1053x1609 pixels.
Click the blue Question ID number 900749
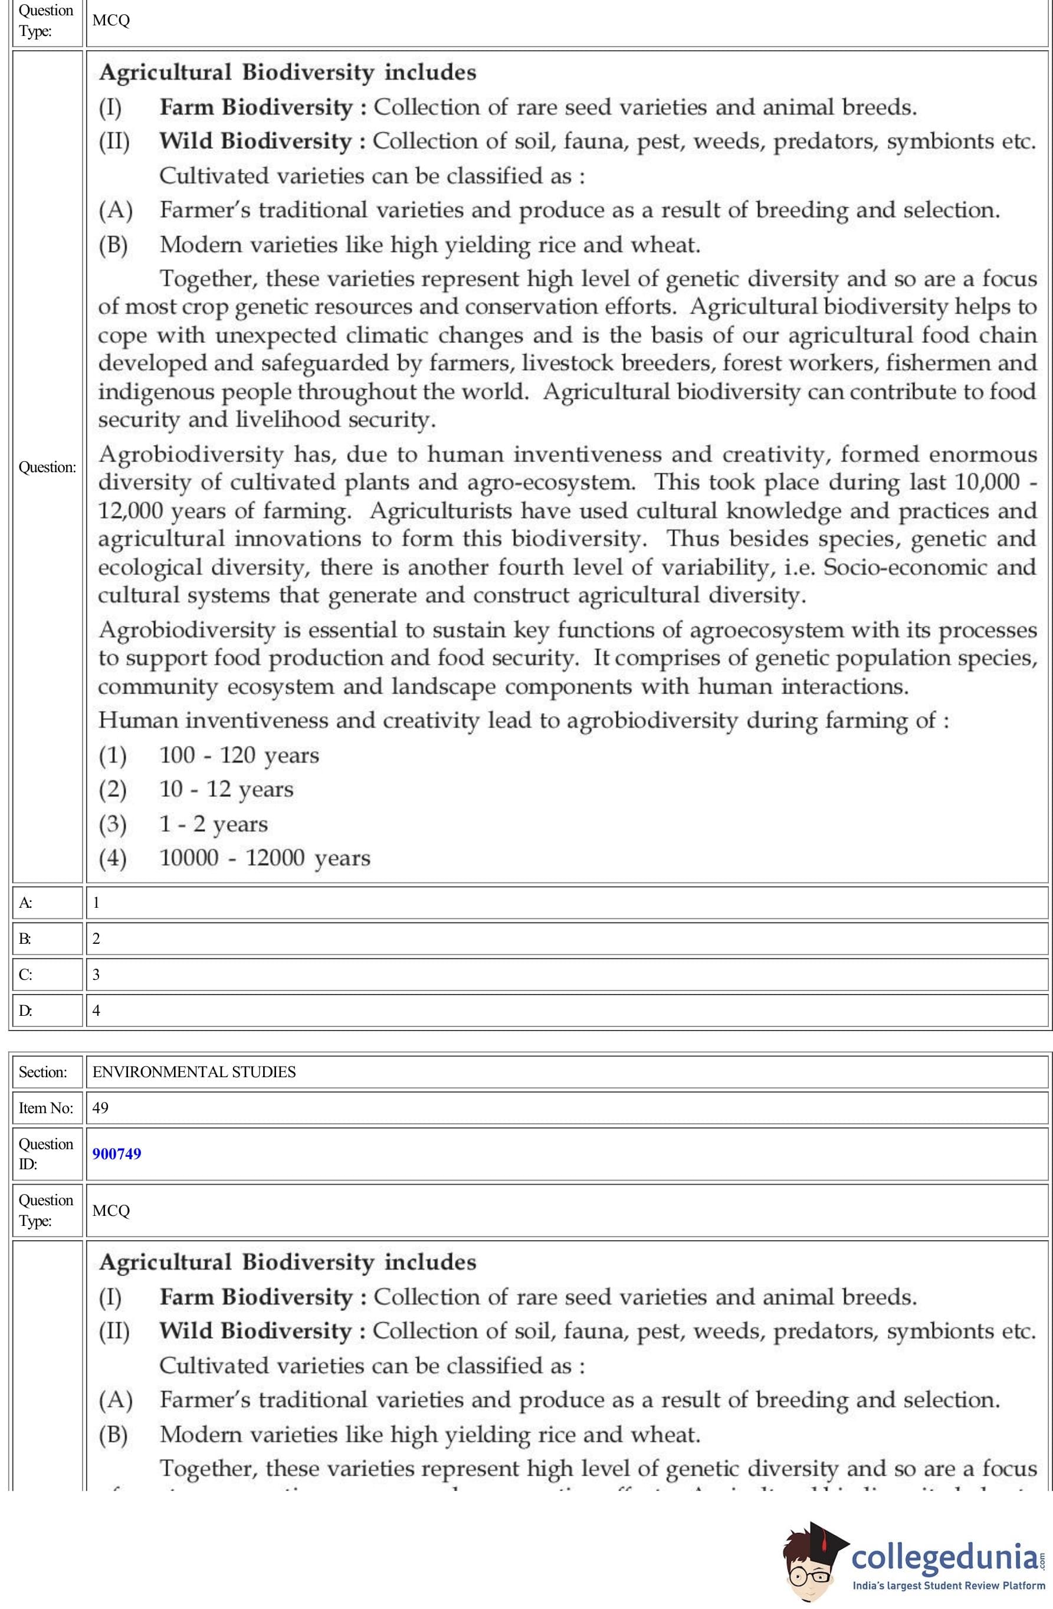click(117, 1153)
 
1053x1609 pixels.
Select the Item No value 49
click(100, 1107)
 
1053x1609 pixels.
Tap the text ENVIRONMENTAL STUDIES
click(194, 1071)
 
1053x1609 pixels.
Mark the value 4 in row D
click(96, 1010)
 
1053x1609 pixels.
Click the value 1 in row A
click(96, 902)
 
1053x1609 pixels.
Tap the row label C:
click(25, 974)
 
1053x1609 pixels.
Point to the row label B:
click(25, 938)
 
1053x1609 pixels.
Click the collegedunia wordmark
click(945, 1556)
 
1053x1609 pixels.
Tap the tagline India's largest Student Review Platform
click(948, 1585)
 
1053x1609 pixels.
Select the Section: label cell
click(42, 1071)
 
